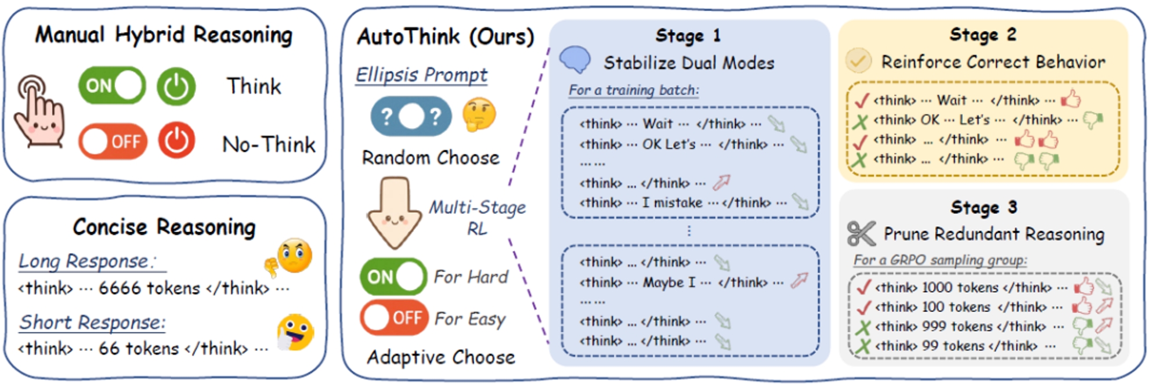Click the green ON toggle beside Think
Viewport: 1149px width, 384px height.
[112, 86]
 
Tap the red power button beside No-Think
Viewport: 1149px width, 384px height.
[176, 140]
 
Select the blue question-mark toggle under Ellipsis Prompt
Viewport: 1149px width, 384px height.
[411, 116]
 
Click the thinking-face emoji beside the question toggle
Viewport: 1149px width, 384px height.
[479, 114]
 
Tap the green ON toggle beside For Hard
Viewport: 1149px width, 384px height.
[393, 277]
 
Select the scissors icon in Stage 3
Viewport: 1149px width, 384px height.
[861, 234]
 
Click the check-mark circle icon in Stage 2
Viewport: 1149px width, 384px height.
[858, 61]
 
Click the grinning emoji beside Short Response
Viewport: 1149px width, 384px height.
[295, 333]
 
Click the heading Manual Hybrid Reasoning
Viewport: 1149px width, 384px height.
[164, 35]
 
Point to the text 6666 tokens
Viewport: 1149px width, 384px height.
[149, 288]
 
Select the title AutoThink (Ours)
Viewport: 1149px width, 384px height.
[445, 37]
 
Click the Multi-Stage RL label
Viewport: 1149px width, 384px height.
[477, 218]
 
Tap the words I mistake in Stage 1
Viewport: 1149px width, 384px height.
[672, 203]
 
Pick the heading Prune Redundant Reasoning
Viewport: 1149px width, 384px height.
[993, 234]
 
